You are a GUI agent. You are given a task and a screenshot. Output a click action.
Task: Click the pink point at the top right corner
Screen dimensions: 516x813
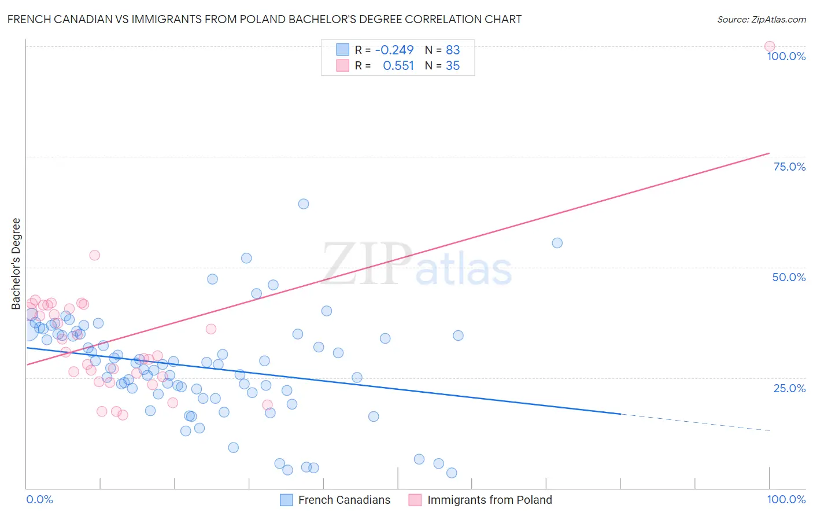tap(769, 46)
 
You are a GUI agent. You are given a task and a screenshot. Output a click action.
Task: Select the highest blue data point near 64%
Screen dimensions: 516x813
tap(304, 204)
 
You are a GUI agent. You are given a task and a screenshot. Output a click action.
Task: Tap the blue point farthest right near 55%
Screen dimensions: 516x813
tap(557, 243)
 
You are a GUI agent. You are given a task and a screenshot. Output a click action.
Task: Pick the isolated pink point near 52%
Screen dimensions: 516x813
tap(95, 255)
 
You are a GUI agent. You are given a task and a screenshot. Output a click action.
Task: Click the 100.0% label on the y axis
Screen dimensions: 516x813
tap(786, 56)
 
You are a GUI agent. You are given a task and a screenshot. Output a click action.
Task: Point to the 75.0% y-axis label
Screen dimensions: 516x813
tap(789, 167)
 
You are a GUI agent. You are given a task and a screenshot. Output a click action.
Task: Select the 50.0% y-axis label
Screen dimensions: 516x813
tap(789, 277)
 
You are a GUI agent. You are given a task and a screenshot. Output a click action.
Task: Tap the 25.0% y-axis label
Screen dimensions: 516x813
tap(789, 388)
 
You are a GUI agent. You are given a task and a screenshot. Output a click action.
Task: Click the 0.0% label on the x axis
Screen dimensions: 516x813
tap(39, 499)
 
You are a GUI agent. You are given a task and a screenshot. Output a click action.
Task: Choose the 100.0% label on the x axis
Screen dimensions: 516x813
tap(786, 499)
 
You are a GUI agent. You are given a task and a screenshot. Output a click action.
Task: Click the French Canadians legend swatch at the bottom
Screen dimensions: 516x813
tap(286, 500)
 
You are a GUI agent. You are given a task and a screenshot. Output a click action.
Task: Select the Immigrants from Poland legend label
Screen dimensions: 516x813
tap(489, 500)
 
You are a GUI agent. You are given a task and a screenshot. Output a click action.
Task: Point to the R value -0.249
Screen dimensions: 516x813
tap(394, 50)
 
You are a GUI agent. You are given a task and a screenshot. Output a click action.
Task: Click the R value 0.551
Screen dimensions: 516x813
tap(398, 66)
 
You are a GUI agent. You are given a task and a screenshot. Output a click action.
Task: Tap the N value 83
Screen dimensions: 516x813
tap(453, 50)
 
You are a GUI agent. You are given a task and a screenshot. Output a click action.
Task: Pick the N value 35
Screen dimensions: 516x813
tap(453, 66)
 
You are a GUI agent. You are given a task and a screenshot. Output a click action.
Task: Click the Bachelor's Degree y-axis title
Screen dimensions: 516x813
tap(16, 263)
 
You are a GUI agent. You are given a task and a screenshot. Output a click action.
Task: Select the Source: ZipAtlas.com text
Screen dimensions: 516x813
tap(761, 20)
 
